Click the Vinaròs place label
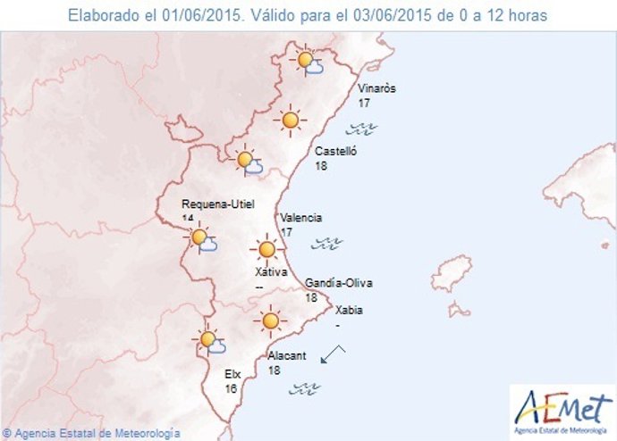(x=376, y=88)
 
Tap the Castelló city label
(x=336, y=152)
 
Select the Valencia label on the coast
(x=300, y=218)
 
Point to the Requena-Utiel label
(x=217, y=204)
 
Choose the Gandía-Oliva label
(x=339, y=283)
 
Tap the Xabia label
(x=349, y=311)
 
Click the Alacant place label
(x=287, y=355)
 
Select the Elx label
(x=232, y=375)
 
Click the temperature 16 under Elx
(x=231, y=389)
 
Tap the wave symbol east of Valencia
(x=327, y=242)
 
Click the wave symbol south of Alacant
(x=306, y=387)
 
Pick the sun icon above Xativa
(x=266, y=249)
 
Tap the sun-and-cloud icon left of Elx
(x=210, y=340)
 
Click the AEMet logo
(x=562, y=409)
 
